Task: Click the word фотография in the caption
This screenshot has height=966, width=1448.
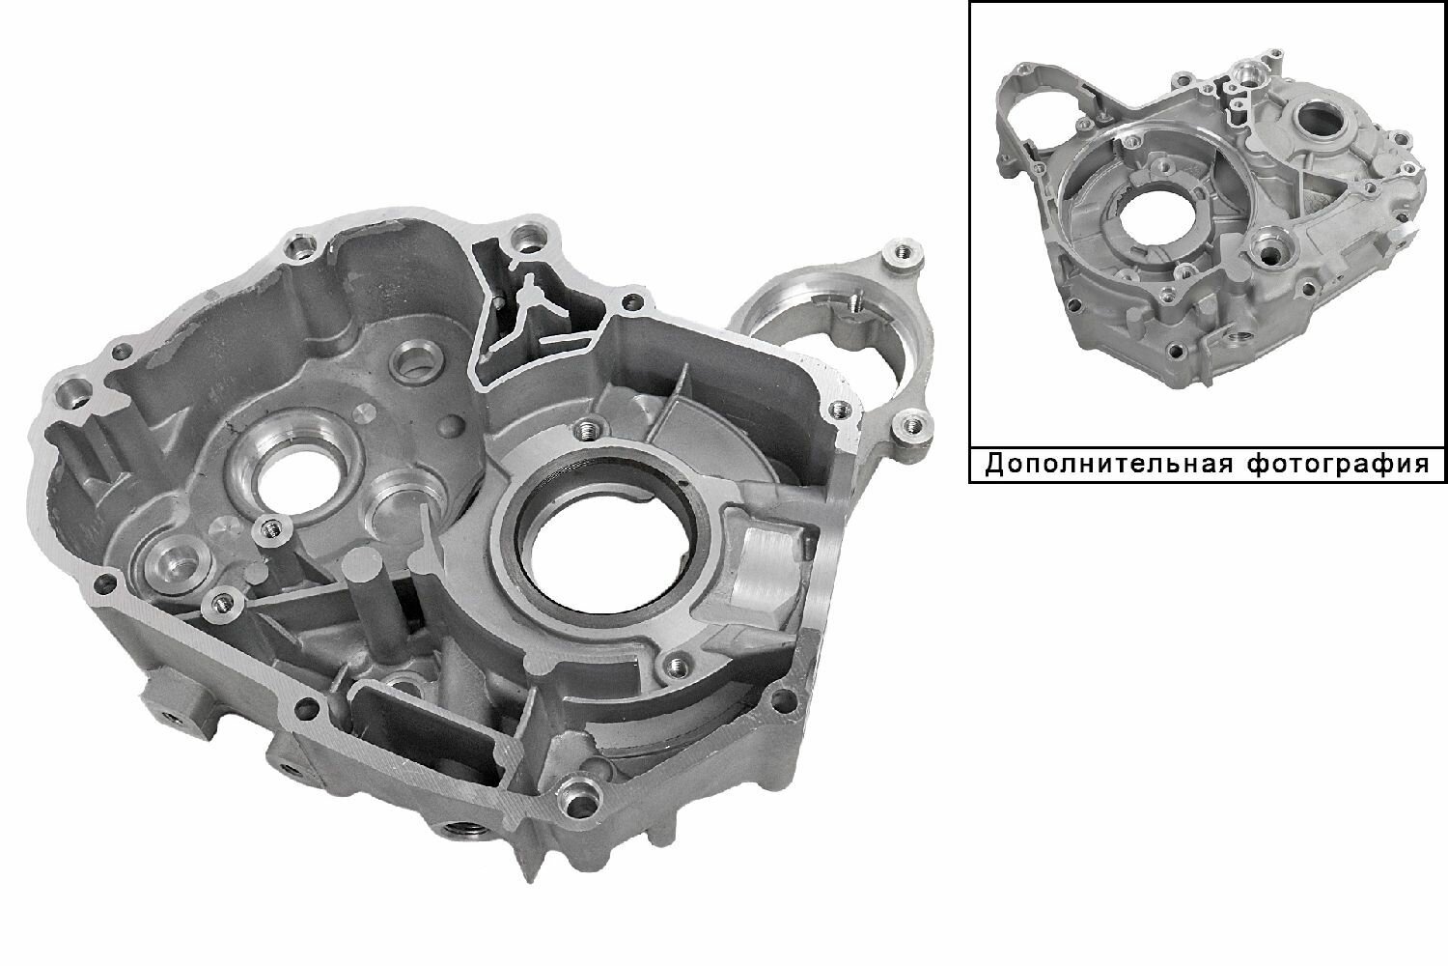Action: click(x=1337, y=466)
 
